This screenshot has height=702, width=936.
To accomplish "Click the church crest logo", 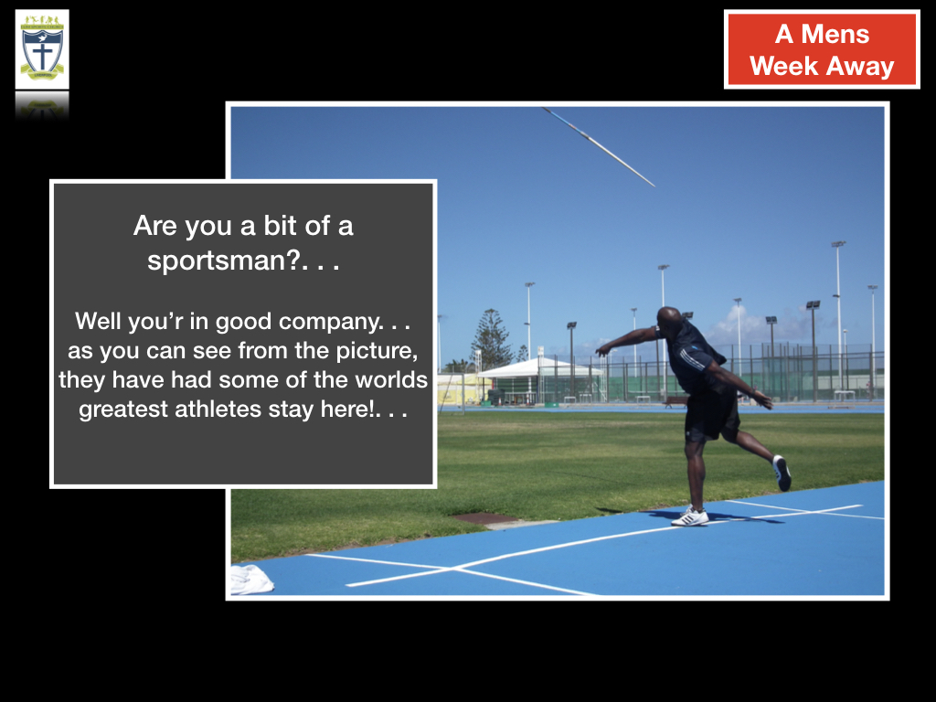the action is click(x=42, y=49).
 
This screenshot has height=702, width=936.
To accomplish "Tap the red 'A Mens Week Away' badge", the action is click(x=822, y=49).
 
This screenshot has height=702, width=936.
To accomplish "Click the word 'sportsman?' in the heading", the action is click(x=224, y=261).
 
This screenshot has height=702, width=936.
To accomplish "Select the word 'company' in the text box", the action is click(x=328, y=322).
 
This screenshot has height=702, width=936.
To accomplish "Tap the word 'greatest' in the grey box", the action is click(x=123, y=410).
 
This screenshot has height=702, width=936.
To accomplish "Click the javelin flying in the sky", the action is click(x=598, y=147).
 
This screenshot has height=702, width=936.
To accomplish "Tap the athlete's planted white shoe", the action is click(x=690, y=516).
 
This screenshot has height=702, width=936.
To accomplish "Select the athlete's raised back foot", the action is click(x=782, y=473).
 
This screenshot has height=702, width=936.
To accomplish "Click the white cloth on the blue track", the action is click(x=250, y=580).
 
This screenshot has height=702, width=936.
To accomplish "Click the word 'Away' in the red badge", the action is click(x=860, y=66).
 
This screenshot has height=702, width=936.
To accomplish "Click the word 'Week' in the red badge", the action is click(x=783, y=66).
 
